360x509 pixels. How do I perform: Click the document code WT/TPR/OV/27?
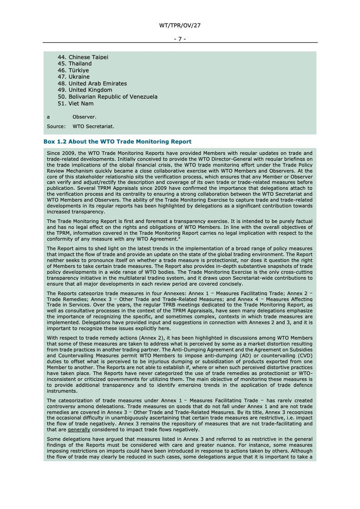pyautogui.click(x=179, y=25)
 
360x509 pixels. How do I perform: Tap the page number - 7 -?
pyautogui.click(x=179, y=39)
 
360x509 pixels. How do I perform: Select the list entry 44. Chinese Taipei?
pyautogui.click(x=83, y=57)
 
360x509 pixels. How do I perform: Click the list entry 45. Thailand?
pyautogui.click(x=75, y=64)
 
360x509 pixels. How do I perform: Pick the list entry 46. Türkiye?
pyautogui.click(x=73, y=70)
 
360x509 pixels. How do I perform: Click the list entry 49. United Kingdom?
pyautogui.click(x=85, y=90)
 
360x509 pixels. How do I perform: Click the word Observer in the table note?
pyautogui.click(x=84, y=117)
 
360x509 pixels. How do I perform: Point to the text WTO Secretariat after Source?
pyautogui.click(x=93, y=126)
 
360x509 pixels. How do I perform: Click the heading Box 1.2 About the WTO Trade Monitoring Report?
pyautogui.click(x=117, y=141)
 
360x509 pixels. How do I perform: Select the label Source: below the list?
pyautogui.click(x=56, y=126)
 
